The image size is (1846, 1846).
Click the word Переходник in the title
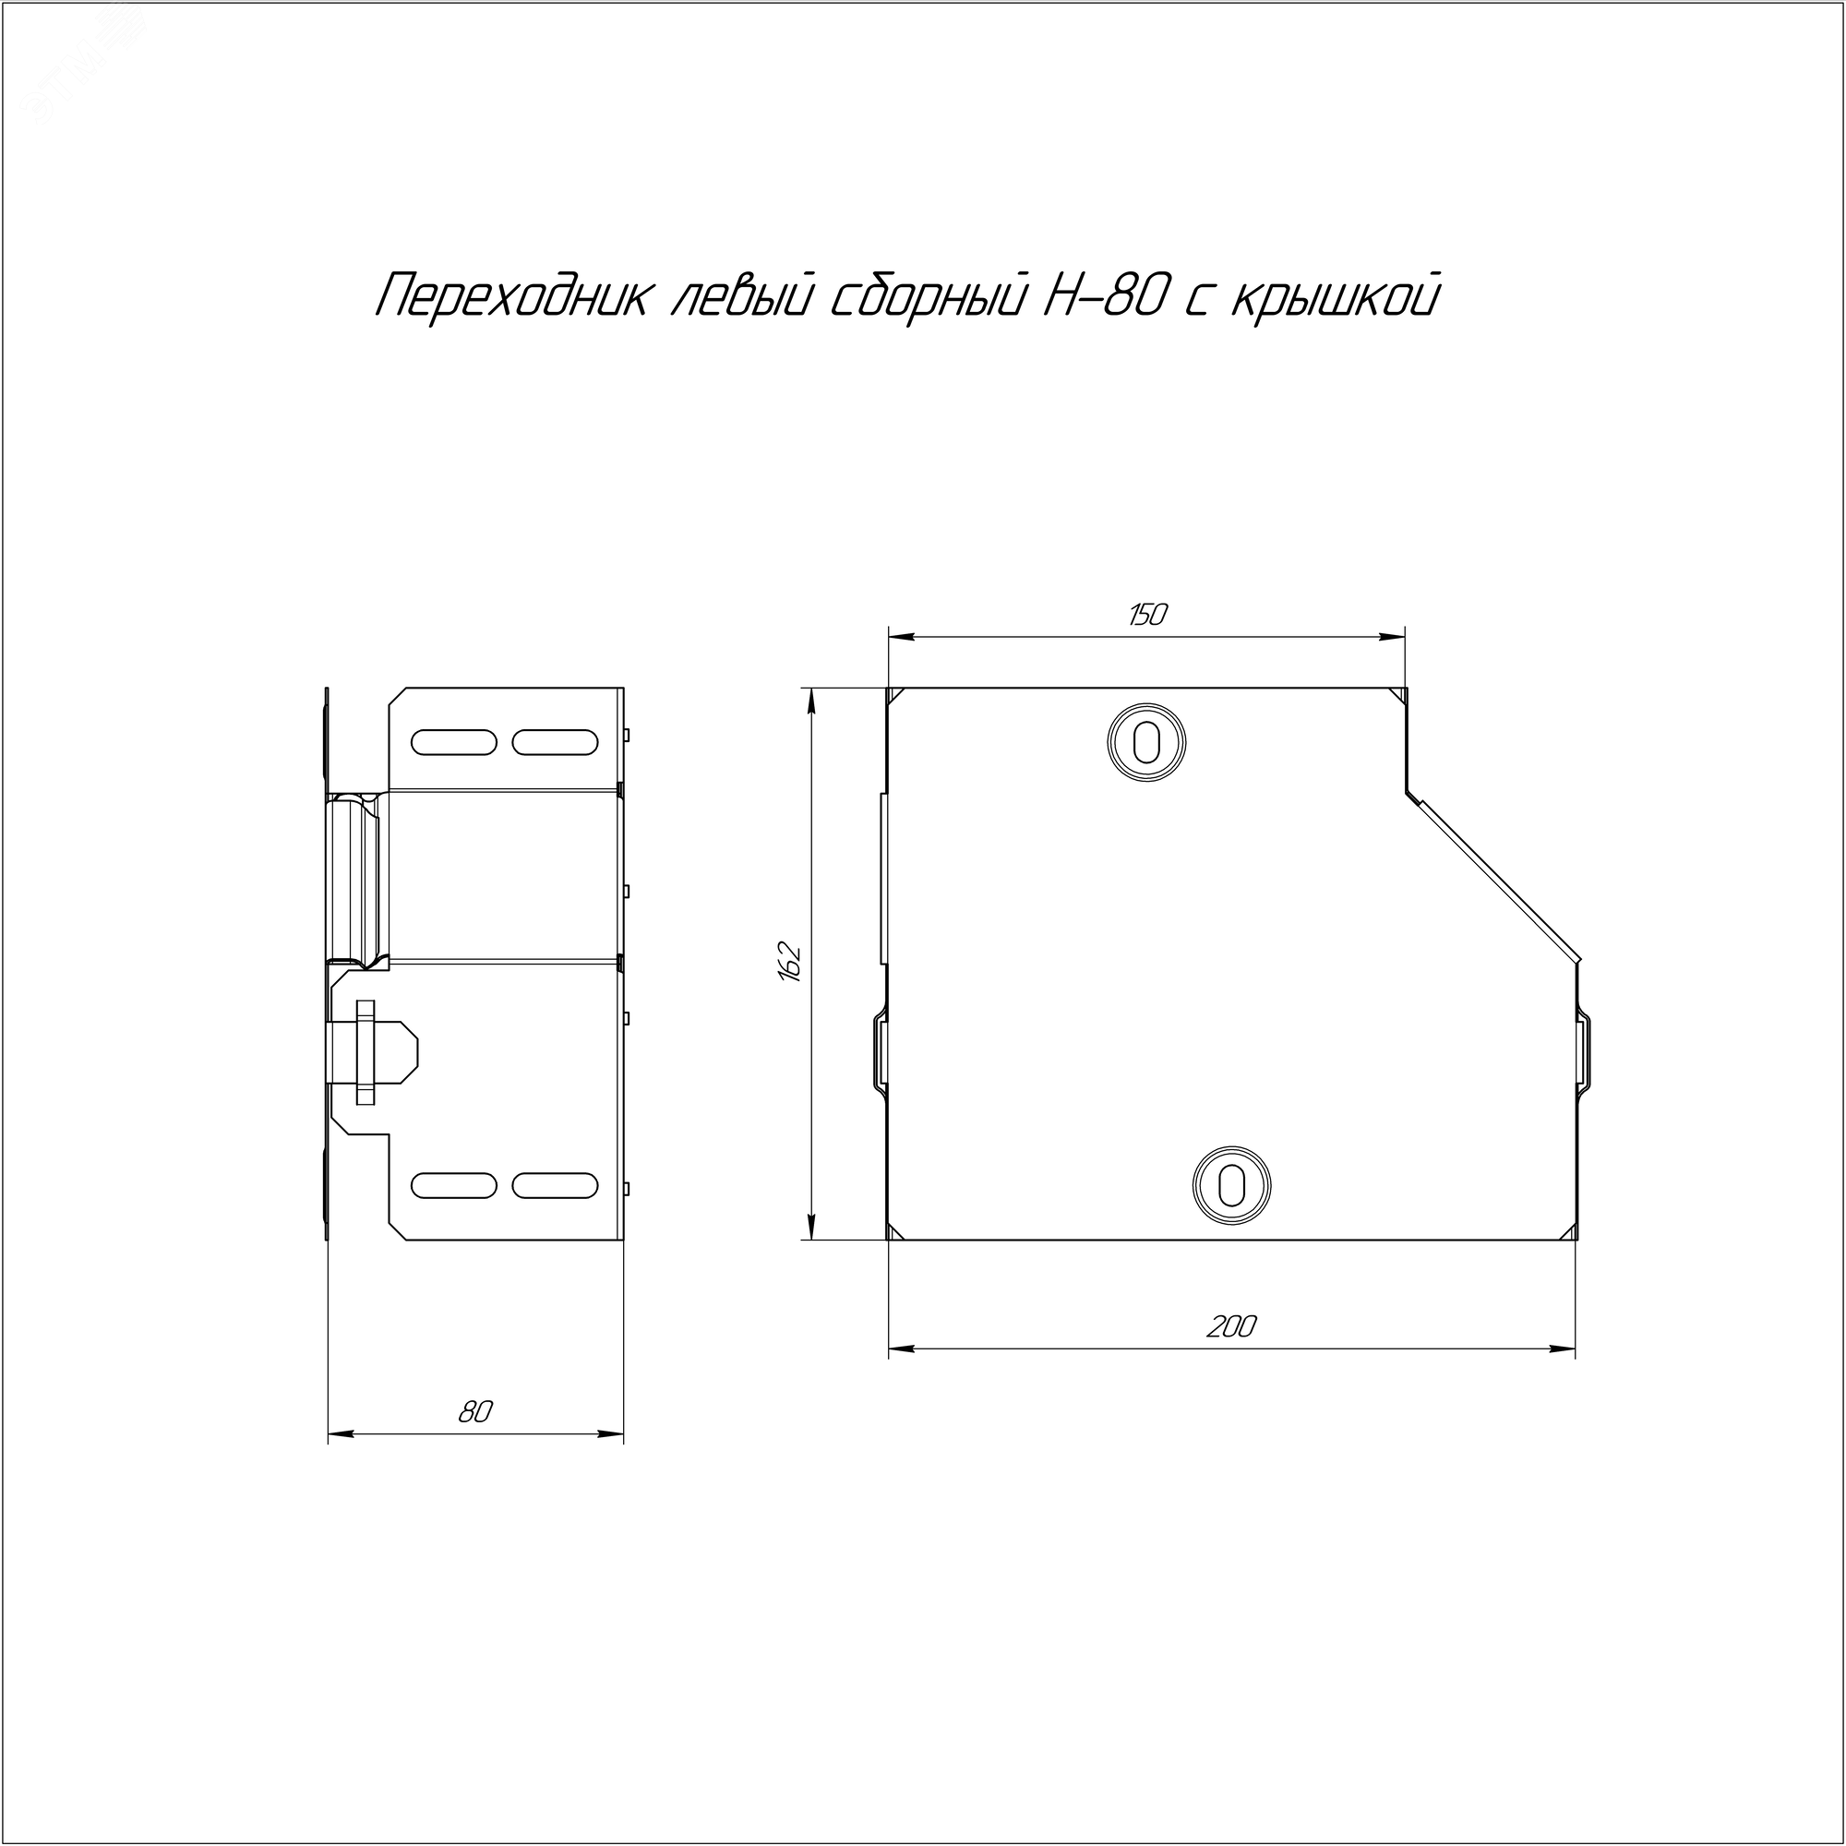click(514, 297)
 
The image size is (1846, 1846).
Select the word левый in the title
click(740, 297)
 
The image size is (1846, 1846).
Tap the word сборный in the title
click(924, 297)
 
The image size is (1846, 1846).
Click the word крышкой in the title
click(1335, 297)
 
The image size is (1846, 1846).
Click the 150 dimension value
click(1146, 616)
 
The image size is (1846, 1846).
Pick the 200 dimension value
click(1231, 1326)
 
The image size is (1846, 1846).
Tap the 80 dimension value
click(474, 1412)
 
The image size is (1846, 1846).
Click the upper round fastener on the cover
click(1146, 740)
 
